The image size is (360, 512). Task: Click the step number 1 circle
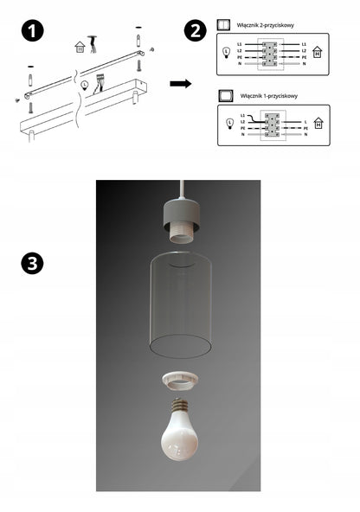tap(32, 32)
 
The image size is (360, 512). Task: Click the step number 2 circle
tap(196, 32)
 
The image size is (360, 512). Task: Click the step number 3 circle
tap(32, 265)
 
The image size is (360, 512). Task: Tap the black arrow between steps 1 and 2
tap(180, 84)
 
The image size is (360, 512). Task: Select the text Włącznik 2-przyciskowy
tap(265, 26)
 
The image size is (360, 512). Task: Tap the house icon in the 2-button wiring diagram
tap(318, 53)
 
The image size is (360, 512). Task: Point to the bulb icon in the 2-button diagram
tap(227, 52)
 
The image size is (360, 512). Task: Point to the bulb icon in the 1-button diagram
tap(229, 124)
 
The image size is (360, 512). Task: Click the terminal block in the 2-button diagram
tap(272, 53)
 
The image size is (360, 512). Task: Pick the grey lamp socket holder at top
tap(179, 221)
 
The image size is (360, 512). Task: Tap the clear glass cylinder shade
tap(179, 303)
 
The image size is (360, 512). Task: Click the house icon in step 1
tap(80, 47)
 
